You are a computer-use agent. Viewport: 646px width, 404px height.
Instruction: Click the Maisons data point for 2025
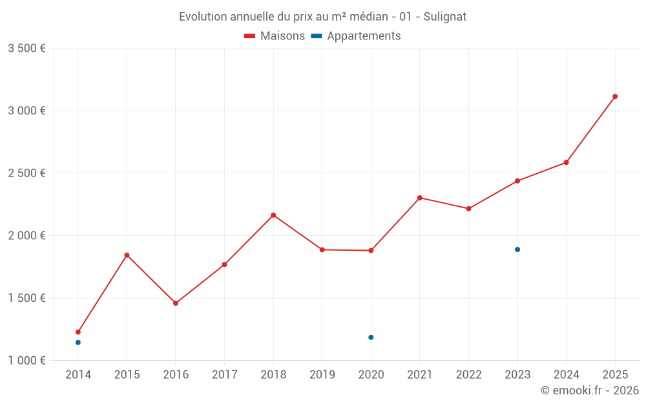[x=615, y=96]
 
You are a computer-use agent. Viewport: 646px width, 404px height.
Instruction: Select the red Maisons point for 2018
[x=273, y=215]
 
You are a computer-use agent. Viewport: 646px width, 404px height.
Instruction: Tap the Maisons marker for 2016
[x=176, y=303]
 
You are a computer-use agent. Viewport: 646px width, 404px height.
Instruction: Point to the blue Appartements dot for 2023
[x=517, y=250]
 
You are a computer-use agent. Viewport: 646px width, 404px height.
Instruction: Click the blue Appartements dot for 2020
[x=371, y=337]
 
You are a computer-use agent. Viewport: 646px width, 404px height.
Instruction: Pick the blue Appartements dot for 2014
[x=78, y=343]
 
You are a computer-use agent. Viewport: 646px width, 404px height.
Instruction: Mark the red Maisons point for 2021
[x=420, y=198]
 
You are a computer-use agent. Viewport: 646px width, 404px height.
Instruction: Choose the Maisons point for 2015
[x=127, y=255]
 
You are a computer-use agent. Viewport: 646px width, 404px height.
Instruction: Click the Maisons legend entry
[x=275, y=36]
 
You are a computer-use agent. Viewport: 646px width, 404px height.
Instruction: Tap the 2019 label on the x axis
[x=322, y=375]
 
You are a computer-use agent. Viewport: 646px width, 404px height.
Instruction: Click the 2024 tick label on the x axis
[x=566, y=375]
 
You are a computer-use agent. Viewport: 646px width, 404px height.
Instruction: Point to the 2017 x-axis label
[x=224, y=375]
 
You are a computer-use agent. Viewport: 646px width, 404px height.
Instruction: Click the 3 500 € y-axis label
[x=26, y=48]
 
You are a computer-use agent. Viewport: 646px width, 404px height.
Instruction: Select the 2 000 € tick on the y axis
[x=26, y=236]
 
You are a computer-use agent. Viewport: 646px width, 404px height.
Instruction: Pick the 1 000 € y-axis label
[x=26, y=361]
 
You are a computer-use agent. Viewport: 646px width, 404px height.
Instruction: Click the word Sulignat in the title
[x=445, y=17]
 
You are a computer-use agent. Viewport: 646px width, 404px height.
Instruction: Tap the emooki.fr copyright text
[x=590, y=390]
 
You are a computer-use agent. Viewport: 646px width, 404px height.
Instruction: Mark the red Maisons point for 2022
[x=468, y=209]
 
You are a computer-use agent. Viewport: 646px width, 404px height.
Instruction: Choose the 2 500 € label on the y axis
[x=26, y=173]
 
